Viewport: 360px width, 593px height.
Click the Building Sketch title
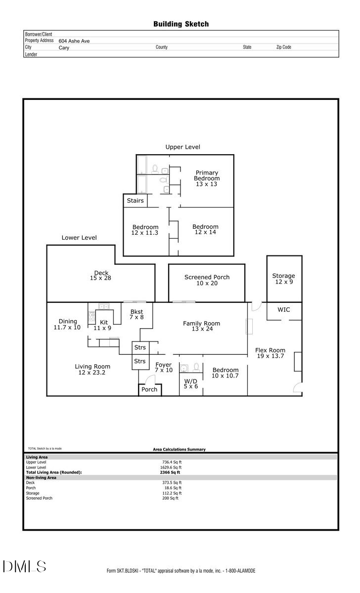[181, 24]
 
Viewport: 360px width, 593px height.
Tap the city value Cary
[64, 48]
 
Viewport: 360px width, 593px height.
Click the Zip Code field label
[283, 47]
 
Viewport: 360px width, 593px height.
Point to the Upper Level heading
[182, 147]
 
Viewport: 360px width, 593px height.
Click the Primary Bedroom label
[206, 178]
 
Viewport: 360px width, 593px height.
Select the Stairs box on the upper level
[135, 201]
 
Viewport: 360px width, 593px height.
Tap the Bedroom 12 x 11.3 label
[145, 230]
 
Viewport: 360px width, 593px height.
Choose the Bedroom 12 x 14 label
[205, 229]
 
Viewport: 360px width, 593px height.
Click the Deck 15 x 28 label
[101, 275]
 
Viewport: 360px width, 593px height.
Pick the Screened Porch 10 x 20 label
[207, 280]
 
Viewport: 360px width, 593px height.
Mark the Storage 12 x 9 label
[283, 279]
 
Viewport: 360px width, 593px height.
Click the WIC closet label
[283, 310]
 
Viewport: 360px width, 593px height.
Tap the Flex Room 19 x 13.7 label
[270, 353]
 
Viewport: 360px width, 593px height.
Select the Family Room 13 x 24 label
[201, 326]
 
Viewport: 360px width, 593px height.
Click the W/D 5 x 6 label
[190, 383]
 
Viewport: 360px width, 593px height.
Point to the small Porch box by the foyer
[149, 389]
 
